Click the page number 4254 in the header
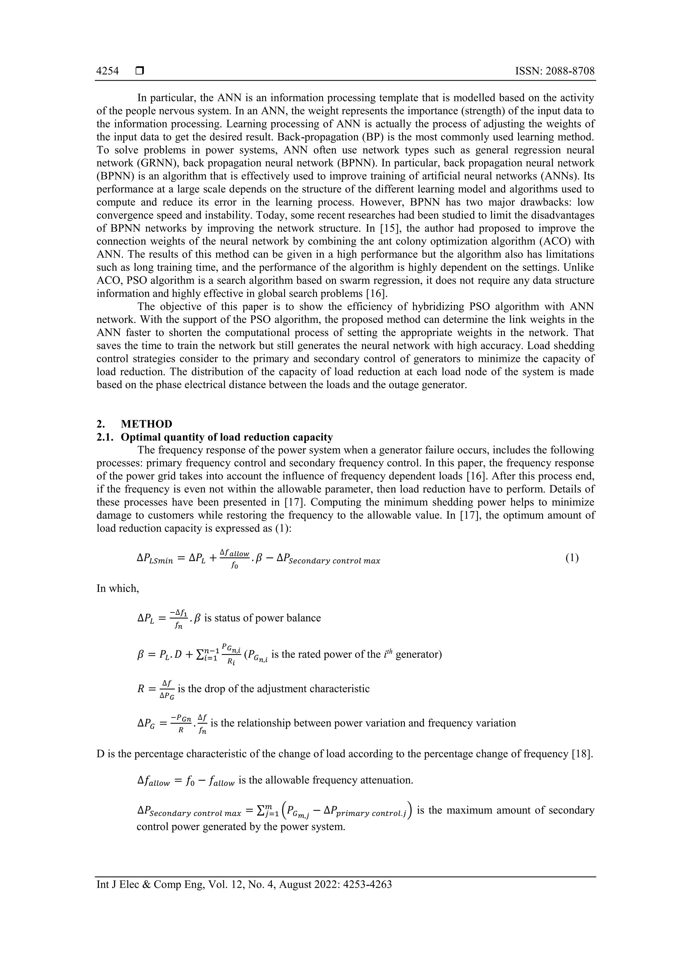tap(107, 71)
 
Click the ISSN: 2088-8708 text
tap(554, 71)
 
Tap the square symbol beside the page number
tap(140, 71)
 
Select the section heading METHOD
tap(146, 424)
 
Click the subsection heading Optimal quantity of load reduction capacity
tap(227, 437)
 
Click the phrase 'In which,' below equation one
tap(118, 588)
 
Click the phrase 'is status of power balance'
tap(262, 618)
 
